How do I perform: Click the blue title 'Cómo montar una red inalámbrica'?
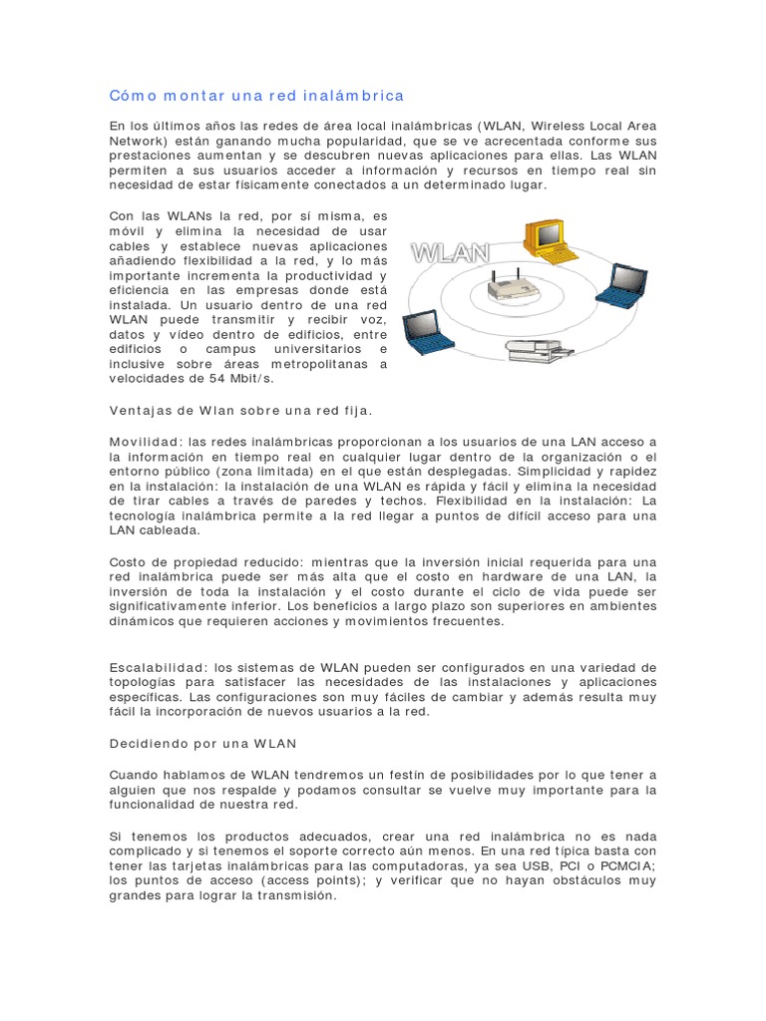tap(257, 96)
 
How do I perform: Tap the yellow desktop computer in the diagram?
tap(545, 236)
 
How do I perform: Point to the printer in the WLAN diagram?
tap(538, 350)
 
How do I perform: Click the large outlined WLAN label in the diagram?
tap(451, 252)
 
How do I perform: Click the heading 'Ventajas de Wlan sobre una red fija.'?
tap(240, 410)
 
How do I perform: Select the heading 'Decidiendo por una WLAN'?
tap(203, 744)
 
